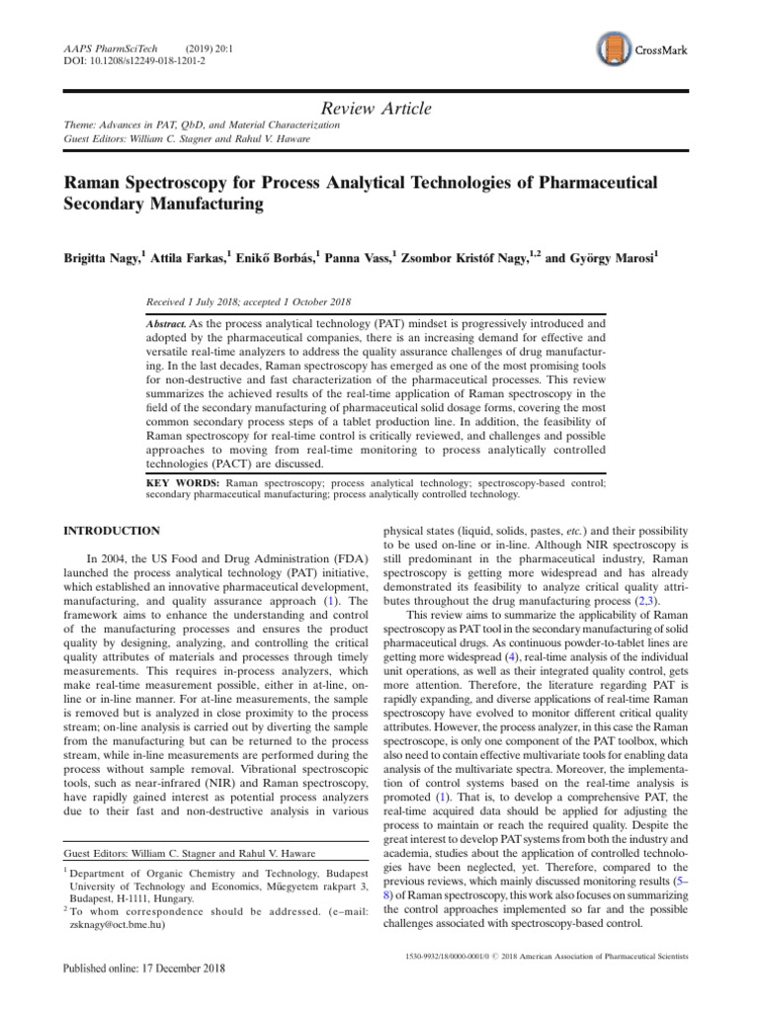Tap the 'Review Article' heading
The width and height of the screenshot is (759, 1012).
[379, 109]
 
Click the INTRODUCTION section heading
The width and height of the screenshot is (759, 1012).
[111, 531]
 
